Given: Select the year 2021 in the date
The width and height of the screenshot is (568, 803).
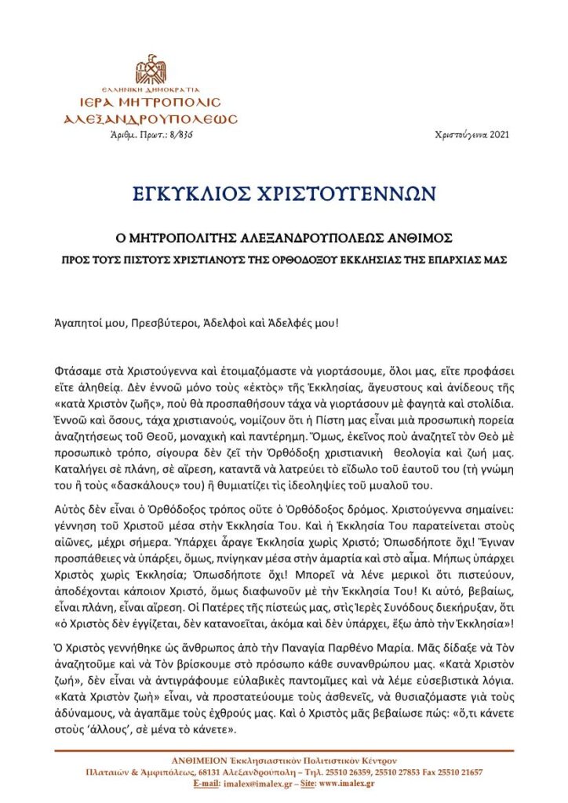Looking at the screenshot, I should click(500, 135).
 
